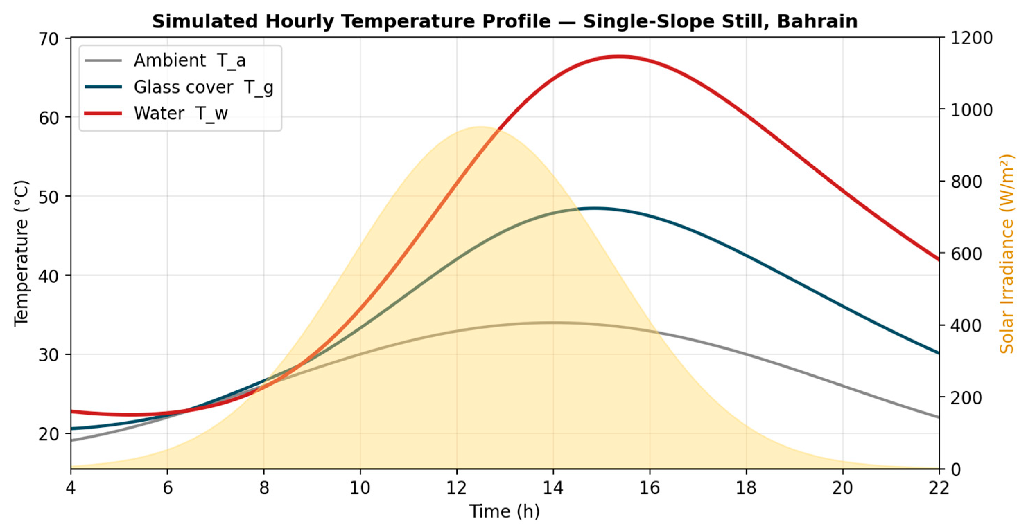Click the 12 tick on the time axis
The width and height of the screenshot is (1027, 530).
point(457,488)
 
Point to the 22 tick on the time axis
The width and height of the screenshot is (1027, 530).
point(939,488)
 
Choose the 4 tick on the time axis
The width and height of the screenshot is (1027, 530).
point(71,488)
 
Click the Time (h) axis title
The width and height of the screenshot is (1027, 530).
point(505,511)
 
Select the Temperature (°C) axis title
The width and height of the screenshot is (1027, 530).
point(21,254)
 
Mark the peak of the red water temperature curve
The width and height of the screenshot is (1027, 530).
point(619,56)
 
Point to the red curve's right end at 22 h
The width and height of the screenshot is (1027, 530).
point(939,260)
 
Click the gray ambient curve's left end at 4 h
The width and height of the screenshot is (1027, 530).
point(71,441)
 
